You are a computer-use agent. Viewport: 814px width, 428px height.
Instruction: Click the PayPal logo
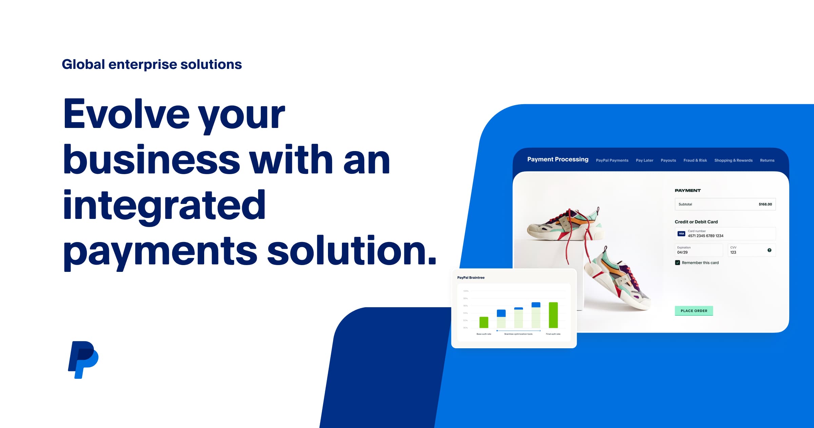(x=83, y=359)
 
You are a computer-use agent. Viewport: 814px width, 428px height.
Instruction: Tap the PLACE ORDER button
(x=694, y=311)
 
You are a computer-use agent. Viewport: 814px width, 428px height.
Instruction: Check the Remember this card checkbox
(x=677, y=263)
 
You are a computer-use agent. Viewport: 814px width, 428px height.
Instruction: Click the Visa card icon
(x=681, y=234)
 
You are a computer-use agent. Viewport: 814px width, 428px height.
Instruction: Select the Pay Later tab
(x=644, y=161)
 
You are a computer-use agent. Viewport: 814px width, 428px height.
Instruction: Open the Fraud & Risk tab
(x=695, y=161)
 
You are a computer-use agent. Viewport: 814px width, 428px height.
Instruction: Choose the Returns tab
(x=767, y=161)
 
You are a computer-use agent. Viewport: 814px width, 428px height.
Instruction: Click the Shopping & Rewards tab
(x=733, y=161)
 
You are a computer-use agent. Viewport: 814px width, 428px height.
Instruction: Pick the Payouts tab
(x=668, y=161)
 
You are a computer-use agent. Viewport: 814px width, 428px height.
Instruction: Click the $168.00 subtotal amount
(x=765, y=204)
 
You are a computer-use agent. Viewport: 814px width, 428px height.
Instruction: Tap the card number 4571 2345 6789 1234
(x=705, y=236)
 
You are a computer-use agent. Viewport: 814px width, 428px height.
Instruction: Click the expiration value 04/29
(x=682, y=253)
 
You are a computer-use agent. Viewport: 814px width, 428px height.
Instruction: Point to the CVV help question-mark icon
(x=769, y=250)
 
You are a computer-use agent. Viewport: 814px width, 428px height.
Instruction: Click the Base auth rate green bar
(x=484, y=322)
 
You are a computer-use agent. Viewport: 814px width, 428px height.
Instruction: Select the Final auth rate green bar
(x=553, y=315)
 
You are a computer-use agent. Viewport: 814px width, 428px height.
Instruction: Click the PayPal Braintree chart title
(x=471, y=278)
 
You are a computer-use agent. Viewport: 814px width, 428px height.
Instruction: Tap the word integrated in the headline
(x=164, y=205)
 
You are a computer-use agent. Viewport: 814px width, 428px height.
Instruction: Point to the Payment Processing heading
(x=558, y=160)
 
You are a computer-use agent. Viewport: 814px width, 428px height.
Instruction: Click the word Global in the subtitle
(x=83, y=64)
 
